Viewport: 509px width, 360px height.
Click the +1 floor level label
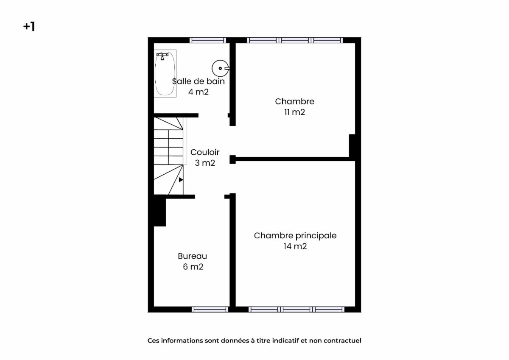point(29,27)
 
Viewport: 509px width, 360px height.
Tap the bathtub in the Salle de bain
point(165,73)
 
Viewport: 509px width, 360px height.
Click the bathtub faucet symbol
point(162,56)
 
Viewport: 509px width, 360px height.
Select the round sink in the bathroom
point(221,68)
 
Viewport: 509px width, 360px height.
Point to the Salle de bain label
point(199,81)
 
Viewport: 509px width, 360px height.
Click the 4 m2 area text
point(199,92)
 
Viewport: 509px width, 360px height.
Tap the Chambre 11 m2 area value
point(294,112)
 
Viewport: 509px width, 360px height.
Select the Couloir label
point(205,152)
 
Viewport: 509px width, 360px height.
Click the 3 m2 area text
point(205,163)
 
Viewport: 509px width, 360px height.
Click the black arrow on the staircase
point(181,180)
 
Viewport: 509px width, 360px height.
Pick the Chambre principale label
point(295,235)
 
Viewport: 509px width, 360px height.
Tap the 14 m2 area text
point(295,246)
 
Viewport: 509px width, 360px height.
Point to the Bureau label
point(193,256)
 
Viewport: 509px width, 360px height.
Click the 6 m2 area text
point(193,267)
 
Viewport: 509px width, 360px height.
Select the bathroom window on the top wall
point(208,40)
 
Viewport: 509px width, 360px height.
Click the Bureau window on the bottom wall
point(210,310)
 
